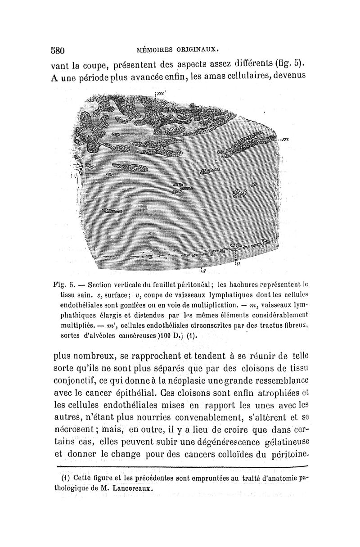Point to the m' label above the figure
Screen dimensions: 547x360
tap(158, 93)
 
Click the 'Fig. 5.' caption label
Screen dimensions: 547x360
tap(69, 285)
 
